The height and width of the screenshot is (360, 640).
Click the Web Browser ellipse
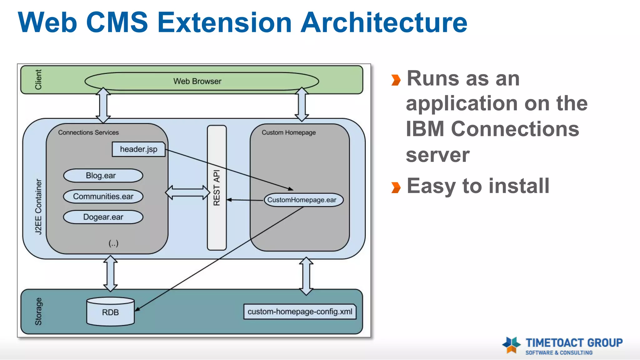click(x=202, y=81)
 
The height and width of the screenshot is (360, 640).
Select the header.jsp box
click(x=138, y=149)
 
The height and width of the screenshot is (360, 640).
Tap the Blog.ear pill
click(x=103, y=176)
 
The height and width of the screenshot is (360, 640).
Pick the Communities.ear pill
click(x=103, y=197)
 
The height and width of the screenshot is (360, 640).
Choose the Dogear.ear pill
click(x=103, y=217)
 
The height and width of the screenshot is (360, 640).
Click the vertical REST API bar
click(x=217, y=187)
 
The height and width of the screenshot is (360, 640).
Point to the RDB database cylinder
click(x=110, y=312)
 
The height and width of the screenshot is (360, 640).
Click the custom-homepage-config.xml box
click(x=300, y=312)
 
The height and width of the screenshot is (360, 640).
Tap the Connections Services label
click(x=88, y=132)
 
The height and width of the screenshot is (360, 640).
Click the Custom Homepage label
click(x=288, y=132)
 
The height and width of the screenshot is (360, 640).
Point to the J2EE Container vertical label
click(x=38, y=206)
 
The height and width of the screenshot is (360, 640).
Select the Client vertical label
click(x=38, y=79)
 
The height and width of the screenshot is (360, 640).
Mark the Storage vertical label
click(x=38, y=311)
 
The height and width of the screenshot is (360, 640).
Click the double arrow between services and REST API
click(x=187, y=192)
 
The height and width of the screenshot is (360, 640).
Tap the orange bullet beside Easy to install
click(x=396, y=187)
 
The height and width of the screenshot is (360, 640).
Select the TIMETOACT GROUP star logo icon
click(x=512, y=345)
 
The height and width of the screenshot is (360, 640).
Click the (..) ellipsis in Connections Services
click(x=113, y=243)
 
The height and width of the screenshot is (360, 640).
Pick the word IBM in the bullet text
click(x=425, y=129)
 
